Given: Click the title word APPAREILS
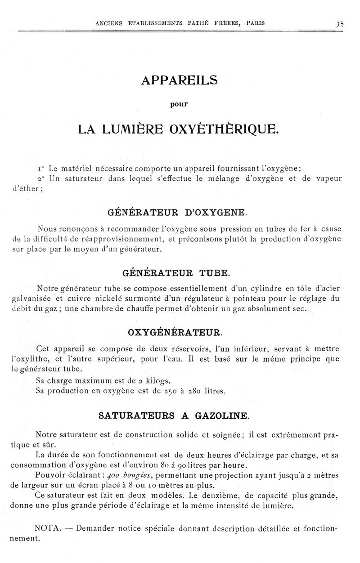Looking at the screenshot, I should pyautogui.click(x=179, y=80).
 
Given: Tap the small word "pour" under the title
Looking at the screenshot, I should pyautogui.click(x=179, y=104).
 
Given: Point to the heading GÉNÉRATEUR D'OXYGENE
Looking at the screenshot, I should pyautogui.click(x=178, y=211).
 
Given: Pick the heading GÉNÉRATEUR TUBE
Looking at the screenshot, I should pyautogui.click(x=176, y=273).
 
